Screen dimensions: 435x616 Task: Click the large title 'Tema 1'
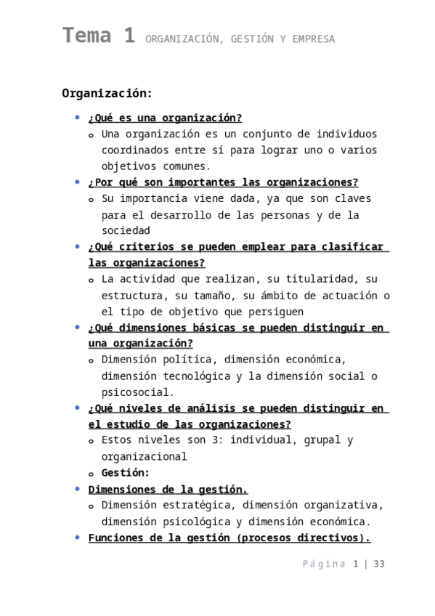[98, 36]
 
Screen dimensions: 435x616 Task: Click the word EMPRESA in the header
[314, 40]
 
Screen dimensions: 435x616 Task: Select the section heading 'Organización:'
[107, 93]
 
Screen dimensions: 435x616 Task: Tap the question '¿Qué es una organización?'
[165, 118]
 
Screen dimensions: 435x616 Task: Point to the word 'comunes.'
[183, 166]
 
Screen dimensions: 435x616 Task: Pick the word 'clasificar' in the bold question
[352, 247]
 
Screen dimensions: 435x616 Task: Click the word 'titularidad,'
[321, 279]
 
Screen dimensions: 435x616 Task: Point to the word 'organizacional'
[144, 457]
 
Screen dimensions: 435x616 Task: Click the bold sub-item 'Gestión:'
[126, 473]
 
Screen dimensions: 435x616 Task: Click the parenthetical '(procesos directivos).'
[303, 538]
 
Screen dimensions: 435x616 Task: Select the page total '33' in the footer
[378, 564]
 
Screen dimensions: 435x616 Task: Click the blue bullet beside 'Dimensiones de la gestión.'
[78, 489]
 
